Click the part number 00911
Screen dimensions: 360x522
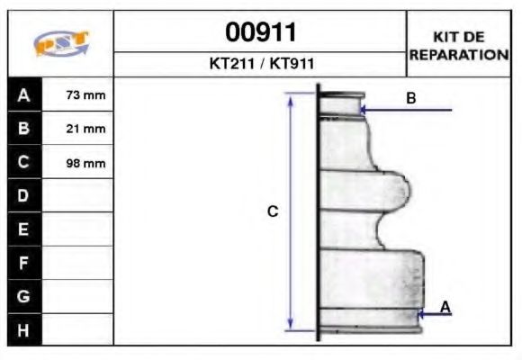[260, 32]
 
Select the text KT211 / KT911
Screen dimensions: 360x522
[260, 65]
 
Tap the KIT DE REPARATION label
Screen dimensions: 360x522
[459, 45]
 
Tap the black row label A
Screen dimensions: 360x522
[24, 94]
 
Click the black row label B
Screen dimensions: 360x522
[24, 129]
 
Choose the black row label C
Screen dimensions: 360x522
[24, 163]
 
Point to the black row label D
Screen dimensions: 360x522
[24, 195]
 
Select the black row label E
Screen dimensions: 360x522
[24, 229]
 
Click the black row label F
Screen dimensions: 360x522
[24, 263]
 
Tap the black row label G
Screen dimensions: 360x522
[24, 296]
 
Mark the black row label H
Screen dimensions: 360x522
[24, 330]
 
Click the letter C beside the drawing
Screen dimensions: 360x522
[273, 211]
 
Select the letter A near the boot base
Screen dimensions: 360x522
[445, 308]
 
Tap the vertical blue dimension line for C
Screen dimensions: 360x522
[290, 211]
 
